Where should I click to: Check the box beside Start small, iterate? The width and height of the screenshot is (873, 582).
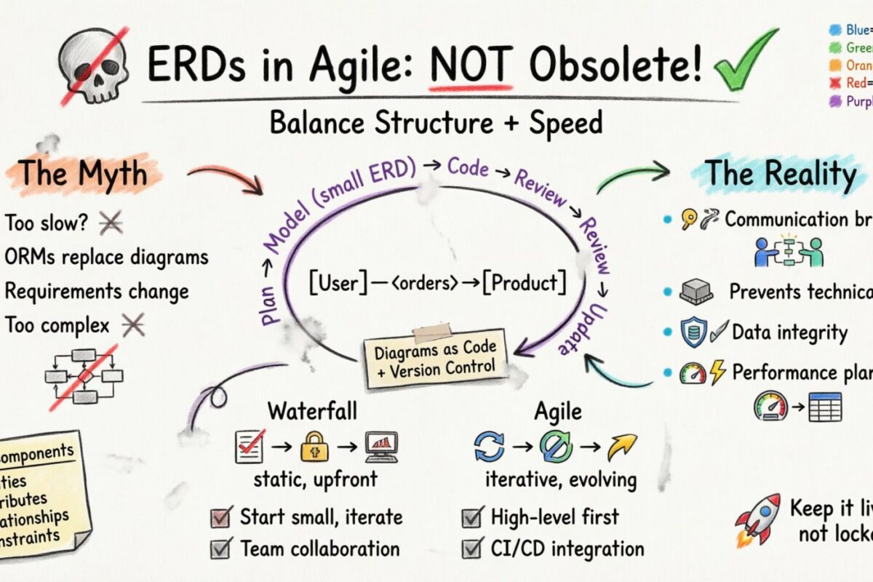coord(220,518)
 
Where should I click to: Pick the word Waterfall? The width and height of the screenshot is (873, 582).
coord(313,411)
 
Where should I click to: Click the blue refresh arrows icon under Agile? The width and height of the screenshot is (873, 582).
coord(488,446)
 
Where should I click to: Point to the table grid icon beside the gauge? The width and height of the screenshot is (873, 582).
coord(825,407)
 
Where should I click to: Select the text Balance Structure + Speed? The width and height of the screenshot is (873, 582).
coord(436,123)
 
